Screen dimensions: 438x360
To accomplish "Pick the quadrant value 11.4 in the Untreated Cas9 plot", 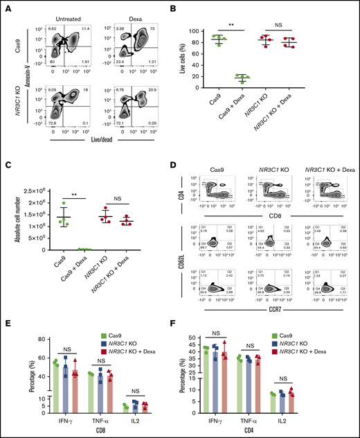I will (x=84, y=27).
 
